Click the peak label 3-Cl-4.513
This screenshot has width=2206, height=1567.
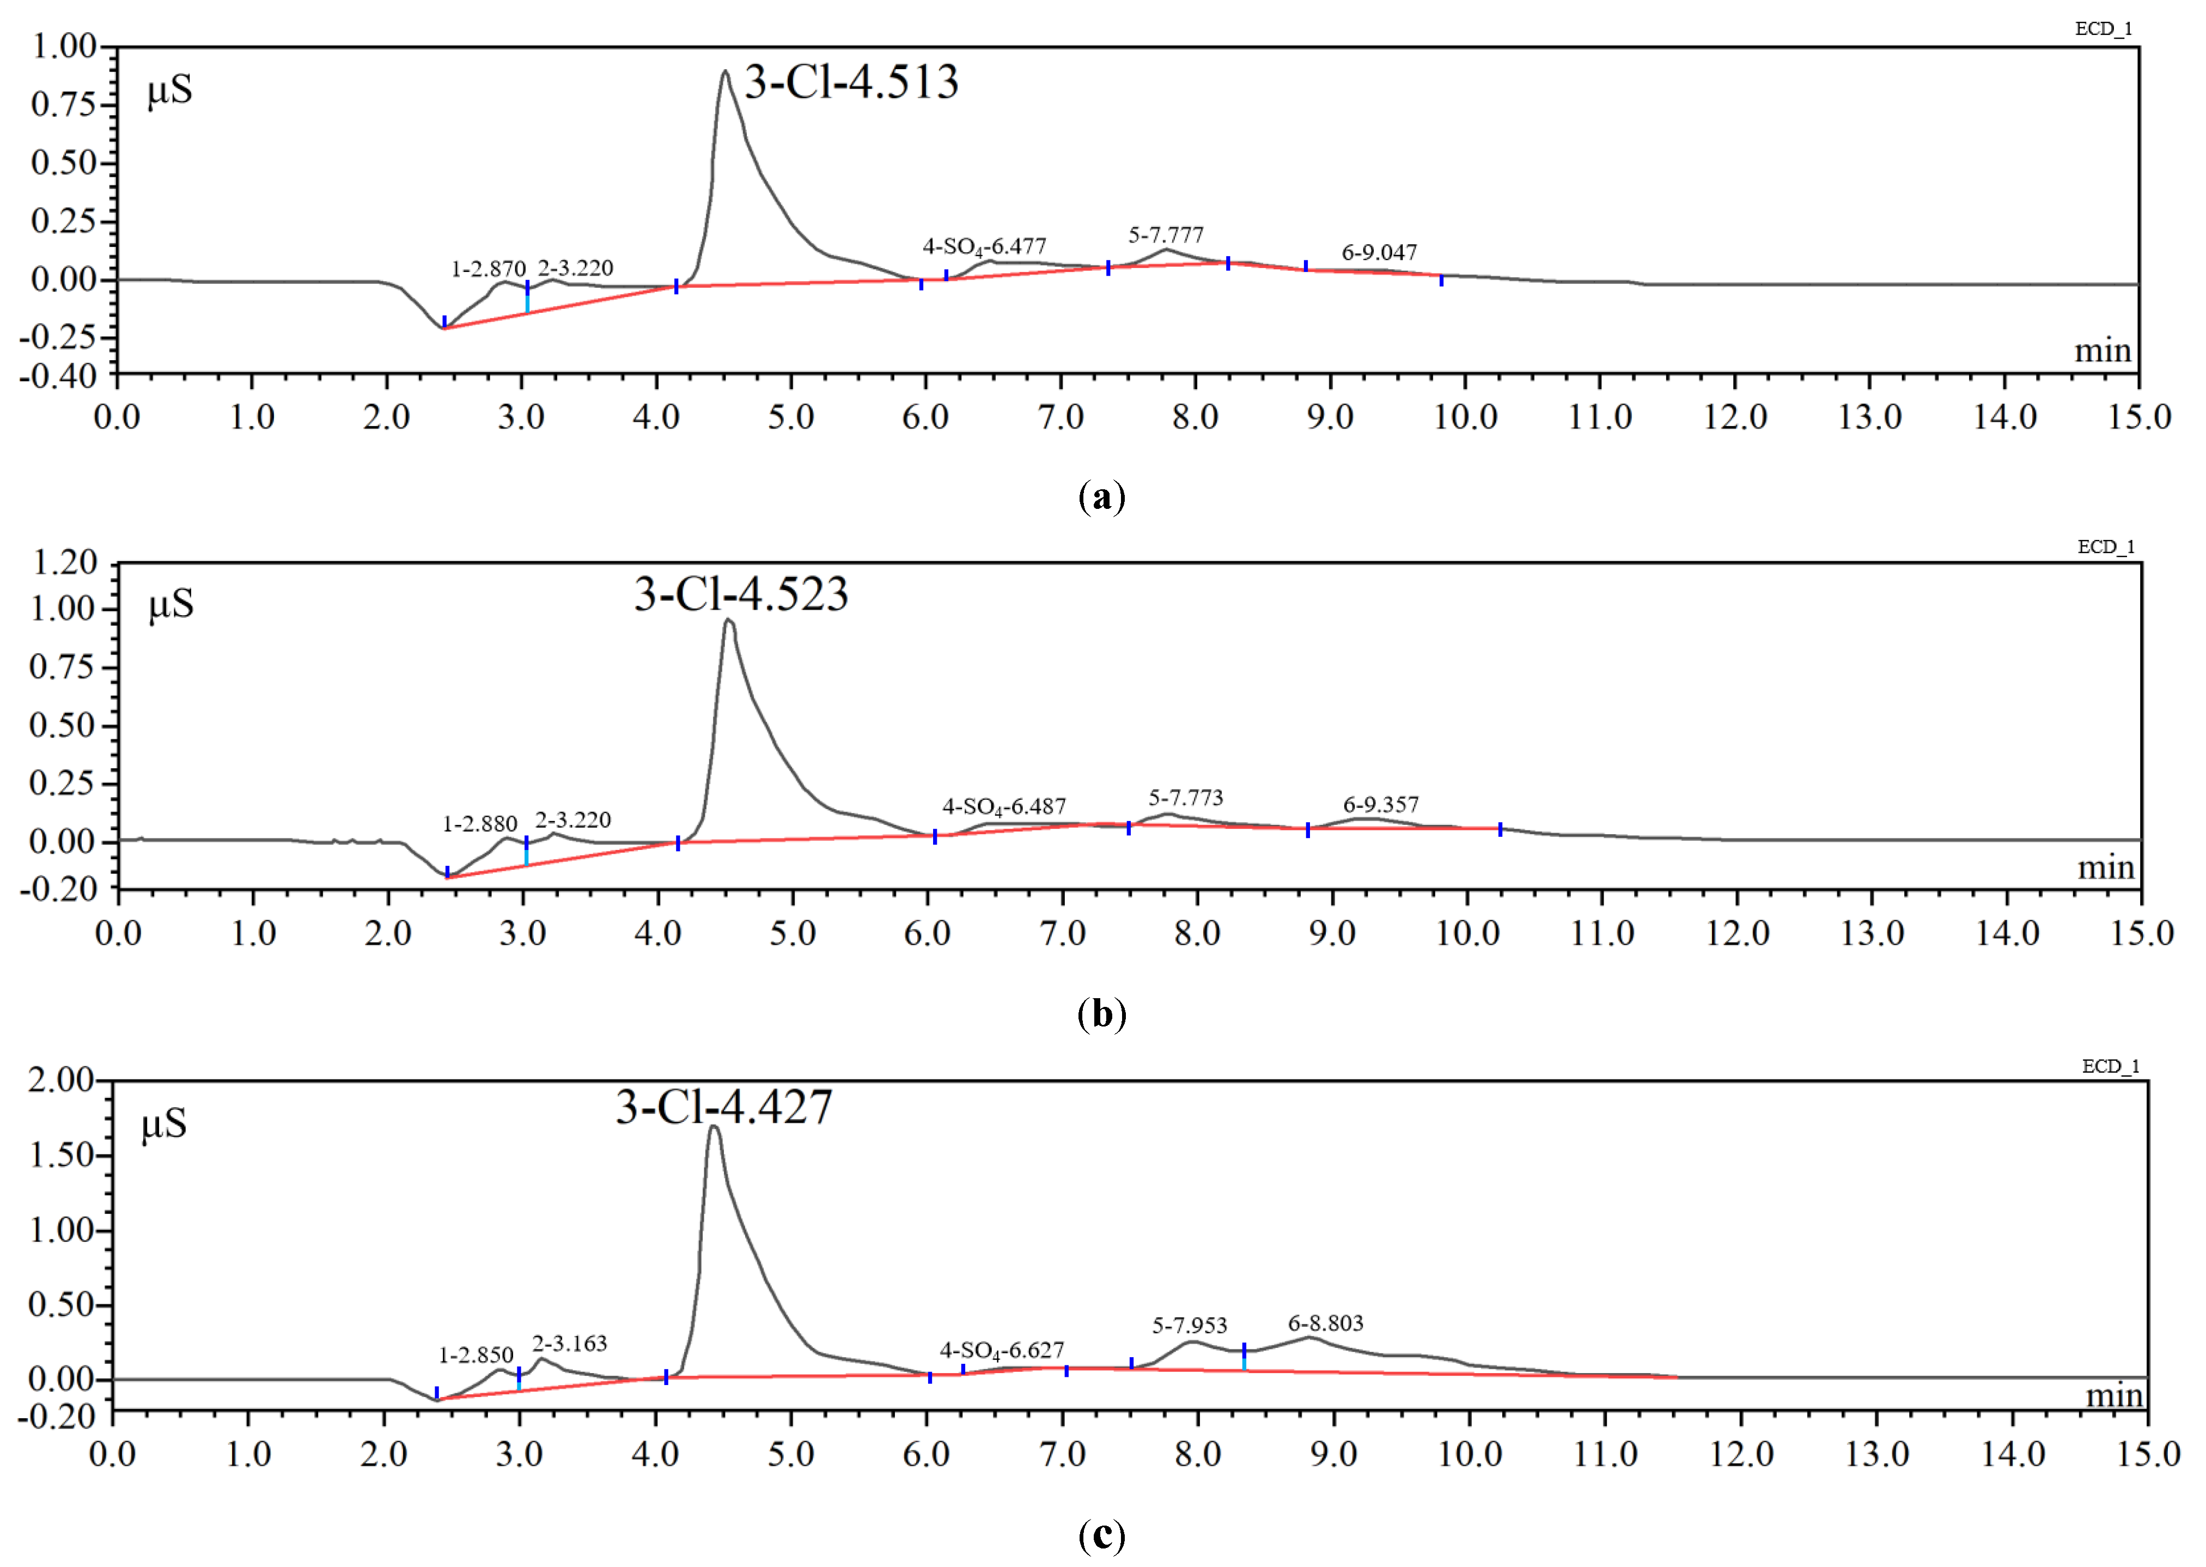pos(851,82)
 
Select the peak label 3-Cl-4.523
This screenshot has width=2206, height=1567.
pos(741,594)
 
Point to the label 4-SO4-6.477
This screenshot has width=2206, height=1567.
pos(984,247)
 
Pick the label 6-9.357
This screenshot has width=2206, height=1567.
pos(1380,805)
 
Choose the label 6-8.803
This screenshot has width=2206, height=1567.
pos(1325,1323)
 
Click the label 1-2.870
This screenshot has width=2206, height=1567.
pos(488,269)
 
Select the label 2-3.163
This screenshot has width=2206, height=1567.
pos(569,1343)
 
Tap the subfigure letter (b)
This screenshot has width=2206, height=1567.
pos(1101,1014)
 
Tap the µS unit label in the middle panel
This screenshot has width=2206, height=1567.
pos(170,605)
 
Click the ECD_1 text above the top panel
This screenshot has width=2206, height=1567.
pos(2103,29)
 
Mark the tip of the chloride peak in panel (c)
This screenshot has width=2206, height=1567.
pos(714,1126)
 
